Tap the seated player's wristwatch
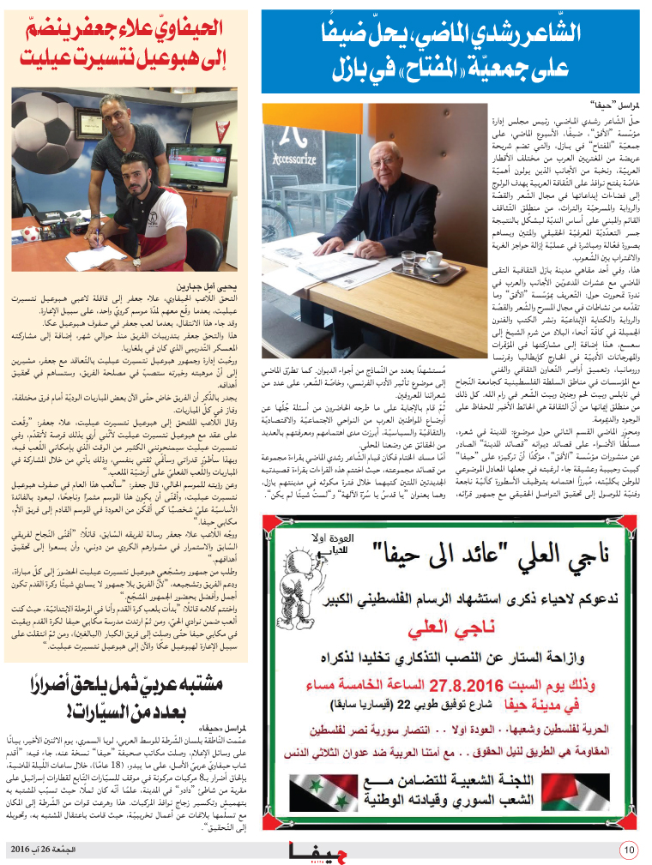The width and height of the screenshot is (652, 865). coord(136,261)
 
